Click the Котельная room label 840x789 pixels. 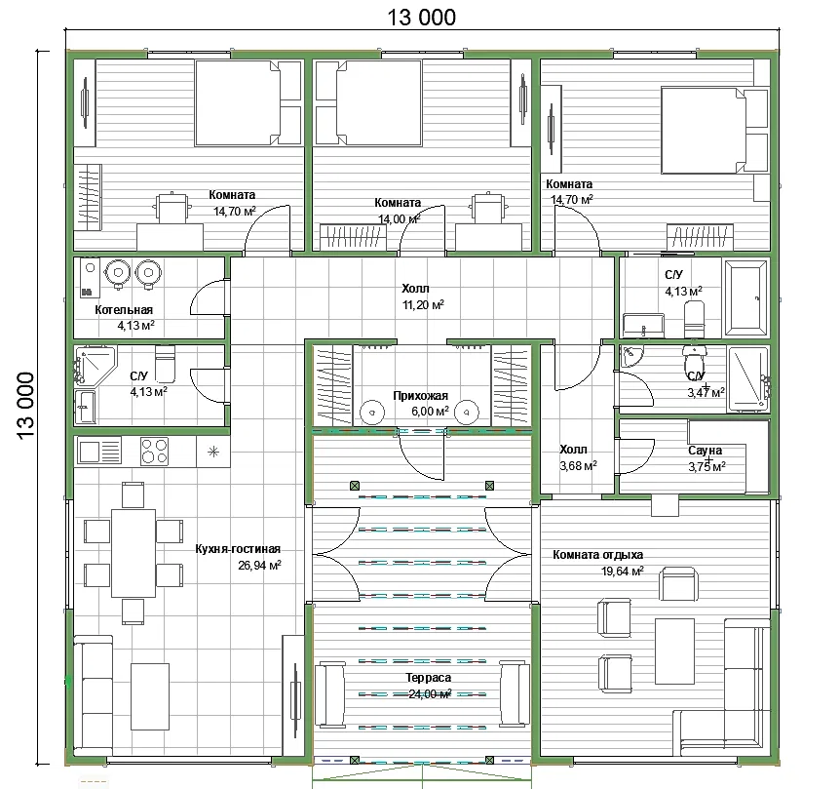tap(124, 310)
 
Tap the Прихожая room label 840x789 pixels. tap(421, 396)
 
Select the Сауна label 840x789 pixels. tap(705, 451)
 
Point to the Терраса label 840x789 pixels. tap(429, 678)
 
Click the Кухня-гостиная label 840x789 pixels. tap(238, 549)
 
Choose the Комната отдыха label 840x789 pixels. tap(598, 555)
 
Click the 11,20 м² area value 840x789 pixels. tap(423, 305)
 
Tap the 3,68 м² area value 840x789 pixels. tap(579, 466)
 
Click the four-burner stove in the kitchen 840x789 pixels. tap(155, 451)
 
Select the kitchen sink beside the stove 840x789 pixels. tap(99, 451)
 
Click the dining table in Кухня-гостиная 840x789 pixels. tap(134, 553)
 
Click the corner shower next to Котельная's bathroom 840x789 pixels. tap(95, 366)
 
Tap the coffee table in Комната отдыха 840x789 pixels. tap(674, 651)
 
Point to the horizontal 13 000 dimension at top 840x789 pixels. tap(422, 18)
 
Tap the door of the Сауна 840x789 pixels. tap(636, 456)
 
